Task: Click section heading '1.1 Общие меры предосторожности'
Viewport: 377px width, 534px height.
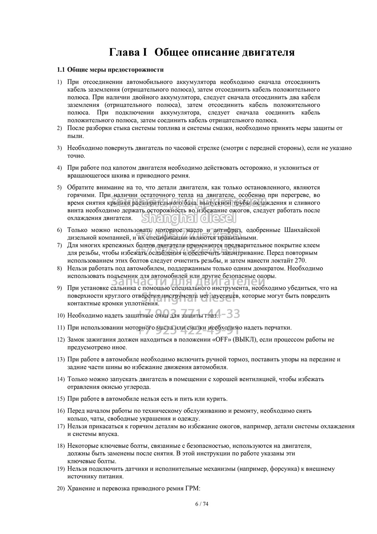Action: pos(110,70)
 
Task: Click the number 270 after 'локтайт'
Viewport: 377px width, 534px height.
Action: pos(301,260)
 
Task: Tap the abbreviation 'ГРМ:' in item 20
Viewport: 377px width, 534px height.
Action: pos(193,489)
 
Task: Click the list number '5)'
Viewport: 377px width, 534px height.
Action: pos(59,188)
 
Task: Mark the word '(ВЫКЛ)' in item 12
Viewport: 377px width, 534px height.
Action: pos(245,340)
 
